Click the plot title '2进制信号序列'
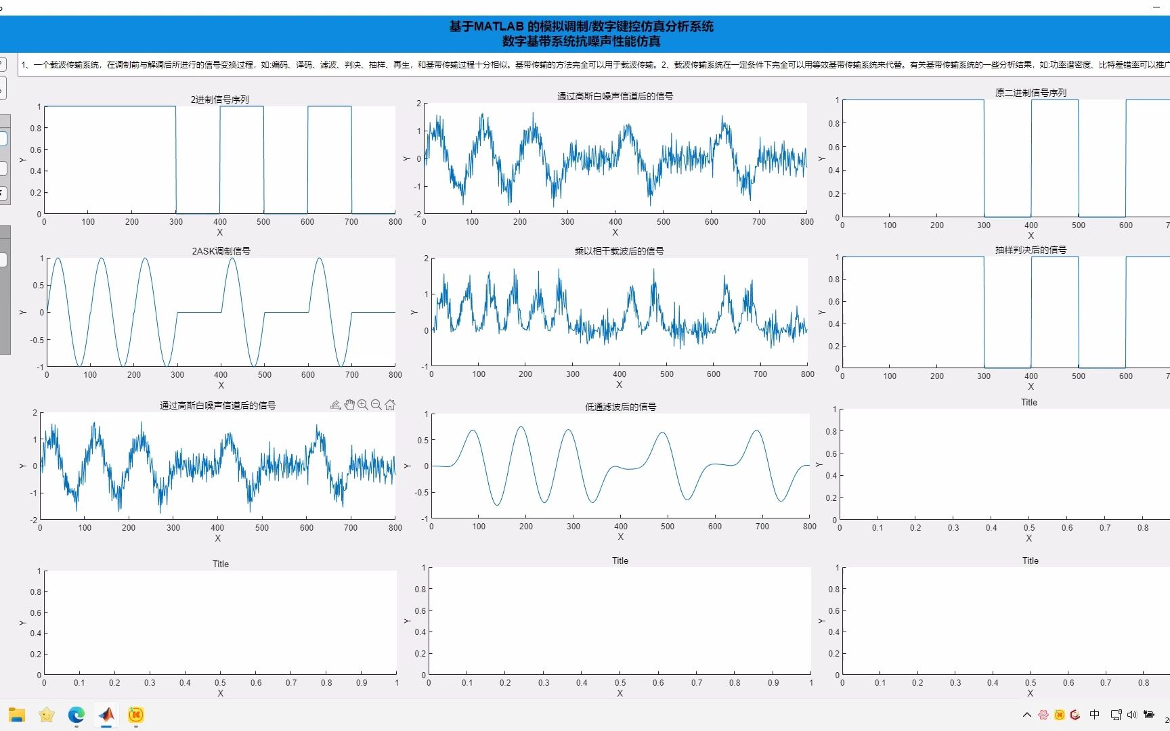click(x=220, y=99)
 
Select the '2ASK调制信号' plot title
click(x=221, y=251)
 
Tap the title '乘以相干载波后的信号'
click(x=619, y=251)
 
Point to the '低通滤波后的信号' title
click(x=620, y=407)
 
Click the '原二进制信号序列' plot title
click(x=1031, y=93)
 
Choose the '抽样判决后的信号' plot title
click(x=1031, y=250)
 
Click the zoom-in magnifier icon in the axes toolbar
click(x=363, y=405)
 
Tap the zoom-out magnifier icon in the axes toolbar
click(x=376, y=405)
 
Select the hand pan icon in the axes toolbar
click(x=349, y=405)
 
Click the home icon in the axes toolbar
click(x=390, y=405)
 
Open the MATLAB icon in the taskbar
click(x=106, y=715)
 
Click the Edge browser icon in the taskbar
click(x=77, y=715)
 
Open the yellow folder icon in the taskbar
click(x=17, y=715)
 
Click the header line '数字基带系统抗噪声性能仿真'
click(x=581, y=41)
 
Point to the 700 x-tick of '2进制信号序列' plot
click(x=351, y=221)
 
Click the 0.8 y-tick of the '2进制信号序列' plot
click(x=35, y=128)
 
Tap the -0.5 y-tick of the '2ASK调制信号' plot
click(x=37, y=340)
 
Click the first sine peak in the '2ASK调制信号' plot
click(x=58, y=259)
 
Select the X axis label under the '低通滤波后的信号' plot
click(x=620, y=537)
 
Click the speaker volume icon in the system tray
click(x=1131, y=715)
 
